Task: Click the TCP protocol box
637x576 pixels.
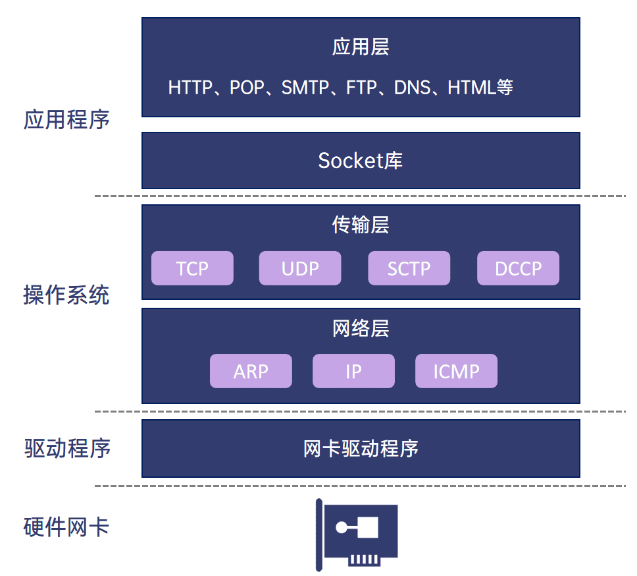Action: [192, 268]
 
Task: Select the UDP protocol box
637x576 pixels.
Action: [300, 268]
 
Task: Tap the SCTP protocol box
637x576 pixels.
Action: [409, 268]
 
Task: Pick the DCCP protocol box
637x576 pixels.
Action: [518, 268]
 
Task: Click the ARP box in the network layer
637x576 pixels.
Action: [251, 371]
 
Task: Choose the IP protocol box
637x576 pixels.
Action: [353, 371]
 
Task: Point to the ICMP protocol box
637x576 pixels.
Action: [456, 371]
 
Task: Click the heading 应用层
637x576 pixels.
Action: [361, 47]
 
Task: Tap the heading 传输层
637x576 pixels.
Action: [361, 225]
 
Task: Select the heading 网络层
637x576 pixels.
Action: [361, 328]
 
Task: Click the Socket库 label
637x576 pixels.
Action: [361, 160]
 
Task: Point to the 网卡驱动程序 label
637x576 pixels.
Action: [361, 449]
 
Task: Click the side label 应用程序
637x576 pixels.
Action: [66, 120]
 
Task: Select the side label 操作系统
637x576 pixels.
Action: [66, 295]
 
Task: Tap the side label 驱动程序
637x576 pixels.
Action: [66, 449]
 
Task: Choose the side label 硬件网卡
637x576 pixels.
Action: [66, 527]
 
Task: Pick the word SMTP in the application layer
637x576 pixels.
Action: [305, 88]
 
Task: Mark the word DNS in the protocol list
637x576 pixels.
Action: [413, 88]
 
